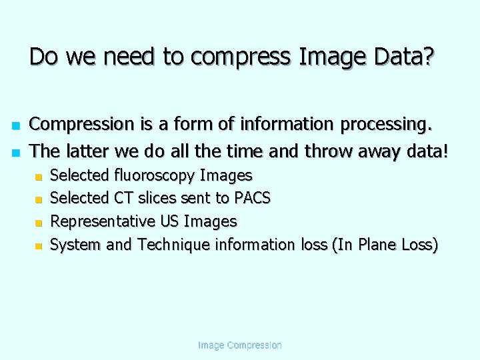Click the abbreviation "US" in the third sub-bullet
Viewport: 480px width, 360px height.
pos(169,221)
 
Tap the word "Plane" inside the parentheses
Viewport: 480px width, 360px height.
pos(378,245)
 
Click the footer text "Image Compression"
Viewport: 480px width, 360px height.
pos(240,345)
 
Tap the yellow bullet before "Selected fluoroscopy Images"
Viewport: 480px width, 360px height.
pos(39,177)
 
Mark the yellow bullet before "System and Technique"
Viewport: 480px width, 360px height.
pos(39,246)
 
